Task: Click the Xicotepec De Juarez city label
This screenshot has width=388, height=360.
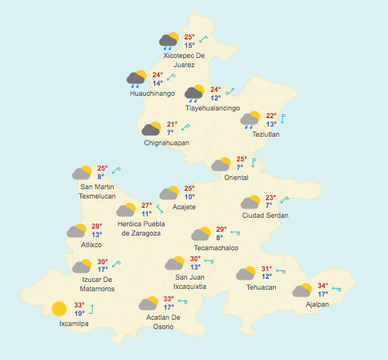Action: [x=184, y=60]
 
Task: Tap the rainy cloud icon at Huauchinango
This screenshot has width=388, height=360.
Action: [x=137, y=78]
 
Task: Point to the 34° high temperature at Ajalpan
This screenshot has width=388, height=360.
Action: [x=323, y=286]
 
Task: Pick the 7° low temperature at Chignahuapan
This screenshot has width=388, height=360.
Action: [x=170, y=133]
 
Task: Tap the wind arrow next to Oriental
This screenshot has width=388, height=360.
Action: [x=253, y=162]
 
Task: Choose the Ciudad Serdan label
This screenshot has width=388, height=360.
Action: [x=265, y=215]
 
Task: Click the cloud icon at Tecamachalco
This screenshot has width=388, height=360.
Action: [x=201, y=234]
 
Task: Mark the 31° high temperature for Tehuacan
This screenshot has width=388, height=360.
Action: [x=267, y=269]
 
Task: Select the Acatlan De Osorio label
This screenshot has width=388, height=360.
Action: [x=163, y=321]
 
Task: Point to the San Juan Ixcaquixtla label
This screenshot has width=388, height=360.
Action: [x=190, y=282]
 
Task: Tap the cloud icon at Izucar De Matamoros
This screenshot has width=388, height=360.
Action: [x=82, y=267]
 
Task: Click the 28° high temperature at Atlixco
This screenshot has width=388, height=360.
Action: [x=97, y=226]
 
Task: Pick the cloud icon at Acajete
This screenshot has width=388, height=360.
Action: [x=169, y=193]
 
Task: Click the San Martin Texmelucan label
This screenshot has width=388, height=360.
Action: [x=97, y=192]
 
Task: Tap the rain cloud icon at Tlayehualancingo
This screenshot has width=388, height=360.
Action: [x=194, y=93]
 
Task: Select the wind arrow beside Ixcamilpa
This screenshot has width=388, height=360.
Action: [x=92, y=309]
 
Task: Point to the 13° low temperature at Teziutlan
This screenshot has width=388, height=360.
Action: [x=271, y=124]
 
